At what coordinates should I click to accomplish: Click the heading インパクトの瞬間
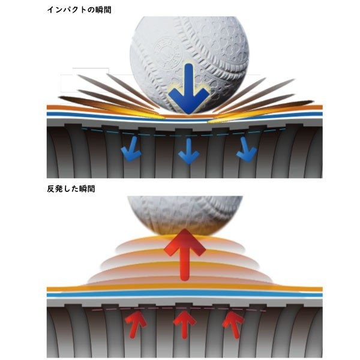point(79,10)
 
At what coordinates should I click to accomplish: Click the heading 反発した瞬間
point(71,189)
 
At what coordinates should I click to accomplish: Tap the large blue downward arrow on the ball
point(189,88)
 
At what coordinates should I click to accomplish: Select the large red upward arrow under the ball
point(184,254)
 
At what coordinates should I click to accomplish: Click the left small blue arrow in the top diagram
point(131,149)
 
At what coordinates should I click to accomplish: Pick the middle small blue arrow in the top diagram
point(189,151)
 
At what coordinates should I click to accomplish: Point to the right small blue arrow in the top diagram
point(246,149)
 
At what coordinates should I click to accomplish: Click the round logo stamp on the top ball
point(169,53)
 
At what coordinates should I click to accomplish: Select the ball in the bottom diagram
point(185,216)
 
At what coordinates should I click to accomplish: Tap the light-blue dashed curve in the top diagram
point(184,134)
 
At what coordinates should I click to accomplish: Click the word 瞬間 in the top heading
point(103,10)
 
